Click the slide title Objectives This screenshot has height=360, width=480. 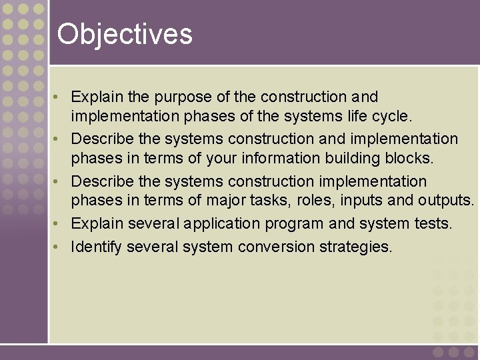point(125,34)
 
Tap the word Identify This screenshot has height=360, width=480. point(97,247)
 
